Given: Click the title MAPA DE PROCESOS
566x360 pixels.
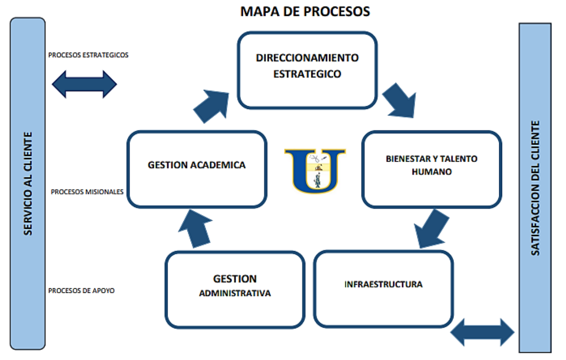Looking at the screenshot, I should click(305, 11).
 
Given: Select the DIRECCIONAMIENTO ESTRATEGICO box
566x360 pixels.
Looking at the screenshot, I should click(307, 70).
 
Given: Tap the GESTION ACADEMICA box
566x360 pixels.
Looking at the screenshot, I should click(197, 169).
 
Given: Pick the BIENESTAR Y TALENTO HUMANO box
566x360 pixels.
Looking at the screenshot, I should click(432, 169).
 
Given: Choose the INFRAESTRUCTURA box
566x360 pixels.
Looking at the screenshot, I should click(384, 288).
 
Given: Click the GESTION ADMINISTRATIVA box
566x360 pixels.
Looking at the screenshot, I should click(235, 289).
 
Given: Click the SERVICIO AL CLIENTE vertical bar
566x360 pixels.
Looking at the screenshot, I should click(28, 183).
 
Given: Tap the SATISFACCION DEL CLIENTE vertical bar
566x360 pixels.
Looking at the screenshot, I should click(535, 188).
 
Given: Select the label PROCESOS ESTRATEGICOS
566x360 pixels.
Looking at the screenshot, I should click(89, 55).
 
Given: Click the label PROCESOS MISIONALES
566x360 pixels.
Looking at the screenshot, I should click(87, 192).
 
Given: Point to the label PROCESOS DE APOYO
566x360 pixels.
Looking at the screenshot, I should click(82, 291).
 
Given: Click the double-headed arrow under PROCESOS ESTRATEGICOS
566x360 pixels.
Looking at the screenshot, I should click(84, 84).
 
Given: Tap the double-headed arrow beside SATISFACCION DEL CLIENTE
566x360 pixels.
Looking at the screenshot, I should click(482, 332).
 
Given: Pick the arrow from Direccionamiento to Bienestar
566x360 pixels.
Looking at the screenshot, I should click(399, 100).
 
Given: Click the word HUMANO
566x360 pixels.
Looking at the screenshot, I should click(432, 173).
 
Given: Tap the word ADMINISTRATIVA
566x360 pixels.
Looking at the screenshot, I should click(235, 294).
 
